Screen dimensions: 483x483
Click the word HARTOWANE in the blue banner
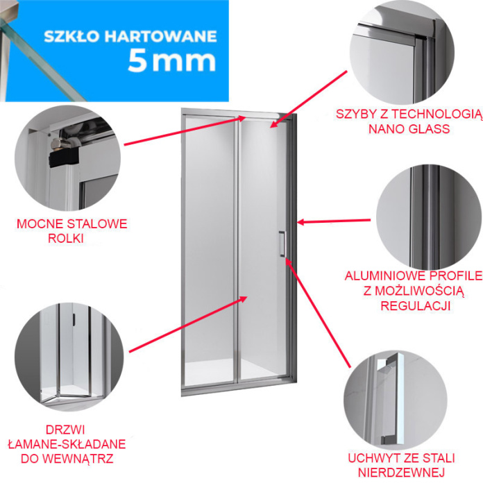(160, 36)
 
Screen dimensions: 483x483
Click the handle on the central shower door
(282, 244)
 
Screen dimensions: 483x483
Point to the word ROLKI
(66, 239)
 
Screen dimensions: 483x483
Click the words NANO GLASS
(409, 129)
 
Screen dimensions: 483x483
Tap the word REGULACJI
(416, 305)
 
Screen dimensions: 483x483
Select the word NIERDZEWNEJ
(401, 472)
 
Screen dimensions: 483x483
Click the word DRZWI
(65, 430)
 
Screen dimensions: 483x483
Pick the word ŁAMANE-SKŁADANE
(67, 444)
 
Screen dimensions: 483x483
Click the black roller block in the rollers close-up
(64, 158)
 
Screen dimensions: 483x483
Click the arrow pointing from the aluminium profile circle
(334, 221)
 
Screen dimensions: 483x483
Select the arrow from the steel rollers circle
(185, 130)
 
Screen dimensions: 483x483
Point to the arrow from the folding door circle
(188, 324)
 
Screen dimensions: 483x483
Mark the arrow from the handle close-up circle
(318, 312)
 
